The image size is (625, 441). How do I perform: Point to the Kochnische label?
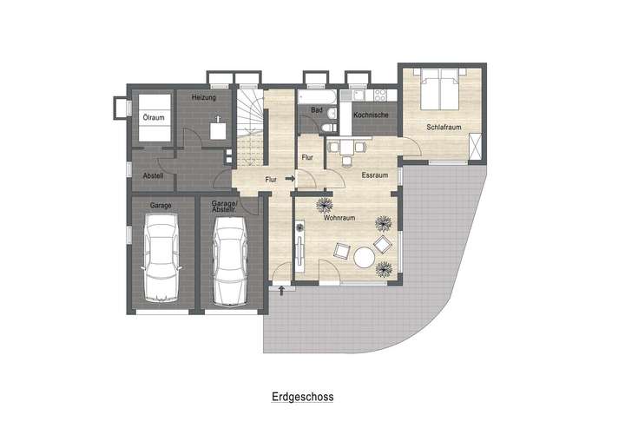point(371,115)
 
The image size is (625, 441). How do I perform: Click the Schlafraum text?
point(442,127)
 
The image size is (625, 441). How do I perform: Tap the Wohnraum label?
point(338,220)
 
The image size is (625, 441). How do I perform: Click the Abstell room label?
point(153,175)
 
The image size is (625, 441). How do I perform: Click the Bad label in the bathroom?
point(317,110)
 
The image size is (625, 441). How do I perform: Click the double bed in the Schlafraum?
point(438,89)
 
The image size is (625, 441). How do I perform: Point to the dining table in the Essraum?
point(347,148)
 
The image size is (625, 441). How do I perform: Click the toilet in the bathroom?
point(324,128)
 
